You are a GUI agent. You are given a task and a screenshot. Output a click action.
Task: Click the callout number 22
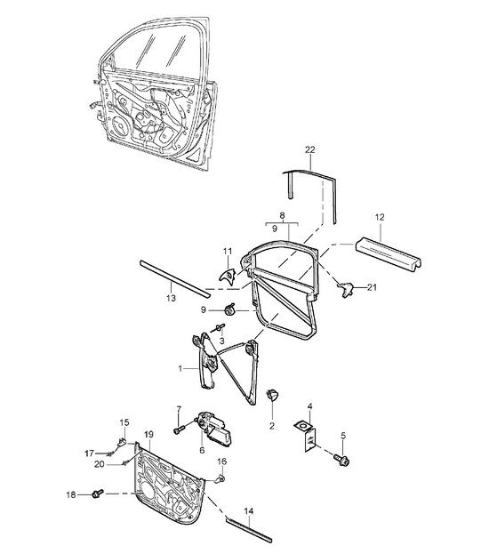309,149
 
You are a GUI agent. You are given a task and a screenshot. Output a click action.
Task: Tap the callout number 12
380,217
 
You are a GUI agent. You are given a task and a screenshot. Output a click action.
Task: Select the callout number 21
372,287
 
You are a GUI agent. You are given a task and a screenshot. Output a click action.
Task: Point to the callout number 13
171,298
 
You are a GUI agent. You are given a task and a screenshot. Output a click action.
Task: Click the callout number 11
228,251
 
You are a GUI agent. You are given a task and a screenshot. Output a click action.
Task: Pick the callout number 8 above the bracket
282,215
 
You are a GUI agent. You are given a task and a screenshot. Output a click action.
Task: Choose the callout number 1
180,368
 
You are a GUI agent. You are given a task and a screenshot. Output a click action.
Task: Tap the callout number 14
249,511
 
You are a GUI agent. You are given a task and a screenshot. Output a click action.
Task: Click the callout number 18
71,494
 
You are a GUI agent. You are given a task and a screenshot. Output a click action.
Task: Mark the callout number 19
149,434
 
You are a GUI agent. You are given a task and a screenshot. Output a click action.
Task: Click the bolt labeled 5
341,460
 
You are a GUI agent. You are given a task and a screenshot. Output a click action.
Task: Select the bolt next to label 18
98,494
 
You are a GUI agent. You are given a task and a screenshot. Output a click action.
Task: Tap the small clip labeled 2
272,395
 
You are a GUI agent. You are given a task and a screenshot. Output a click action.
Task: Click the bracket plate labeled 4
306,436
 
